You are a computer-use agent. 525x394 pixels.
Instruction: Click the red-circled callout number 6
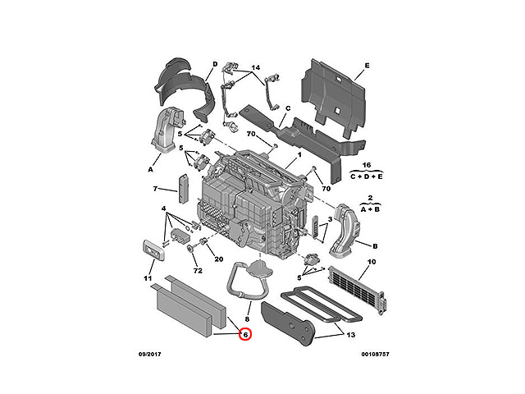[245, 334]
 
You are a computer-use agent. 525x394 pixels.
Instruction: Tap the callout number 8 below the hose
[247, 319]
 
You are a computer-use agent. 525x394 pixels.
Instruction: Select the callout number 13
[350, 335]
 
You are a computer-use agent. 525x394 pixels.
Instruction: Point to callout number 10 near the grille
[372, 262]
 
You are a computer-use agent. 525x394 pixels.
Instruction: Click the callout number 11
[148, 278]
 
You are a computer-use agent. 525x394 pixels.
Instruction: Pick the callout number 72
[198, 270]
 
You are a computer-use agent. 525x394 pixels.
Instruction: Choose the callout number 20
[219, 259]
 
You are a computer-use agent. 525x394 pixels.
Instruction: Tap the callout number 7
[155, 189]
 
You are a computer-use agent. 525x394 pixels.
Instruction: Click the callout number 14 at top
[255, 67]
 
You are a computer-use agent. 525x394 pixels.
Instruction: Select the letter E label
[367, 66]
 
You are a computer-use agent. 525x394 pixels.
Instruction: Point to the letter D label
[215, 64]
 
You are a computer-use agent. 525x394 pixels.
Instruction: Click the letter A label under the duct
[150, 170]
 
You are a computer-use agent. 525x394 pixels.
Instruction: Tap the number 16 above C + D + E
[367, 165]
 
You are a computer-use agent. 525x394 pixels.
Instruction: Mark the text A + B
[370, 209]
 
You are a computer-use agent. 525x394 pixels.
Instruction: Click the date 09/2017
[149, 354]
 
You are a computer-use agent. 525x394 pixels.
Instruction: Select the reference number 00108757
[376, 354]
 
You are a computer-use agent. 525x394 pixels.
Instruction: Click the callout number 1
[299, 155]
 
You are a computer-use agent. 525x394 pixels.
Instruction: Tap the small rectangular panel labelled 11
[153, 250]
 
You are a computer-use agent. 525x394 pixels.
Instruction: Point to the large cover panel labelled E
[334, 98]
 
